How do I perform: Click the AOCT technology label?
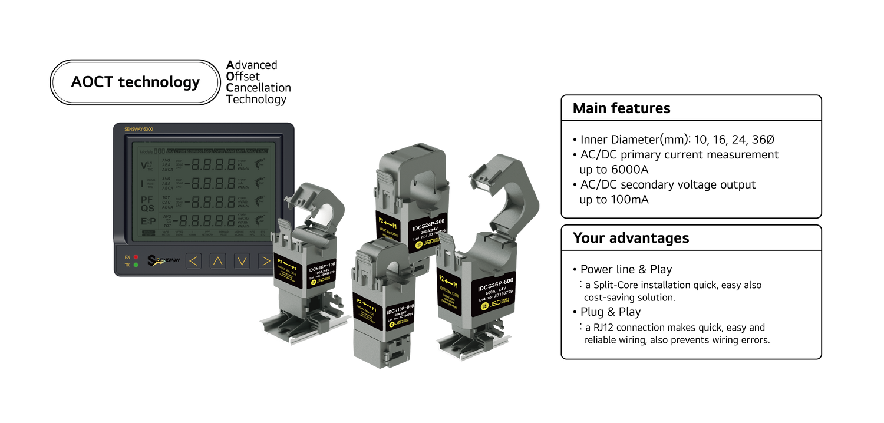(x=135, y=82)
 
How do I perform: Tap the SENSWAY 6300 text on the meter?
(x=139, y=128)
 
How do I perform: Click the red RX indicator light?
(x=136, y=257)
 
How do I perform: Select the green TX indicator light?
(x=136, y=265)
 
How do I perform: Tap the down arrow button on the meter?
(x=242, y=260)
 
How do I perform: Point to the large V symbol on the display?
(x=144, y=165)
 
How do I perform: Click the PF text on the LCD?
(x=147, y=200)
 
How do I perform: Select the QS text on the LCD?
(x=147, y=209)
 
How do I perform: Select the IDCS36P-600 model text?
(x=496, y=286)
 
